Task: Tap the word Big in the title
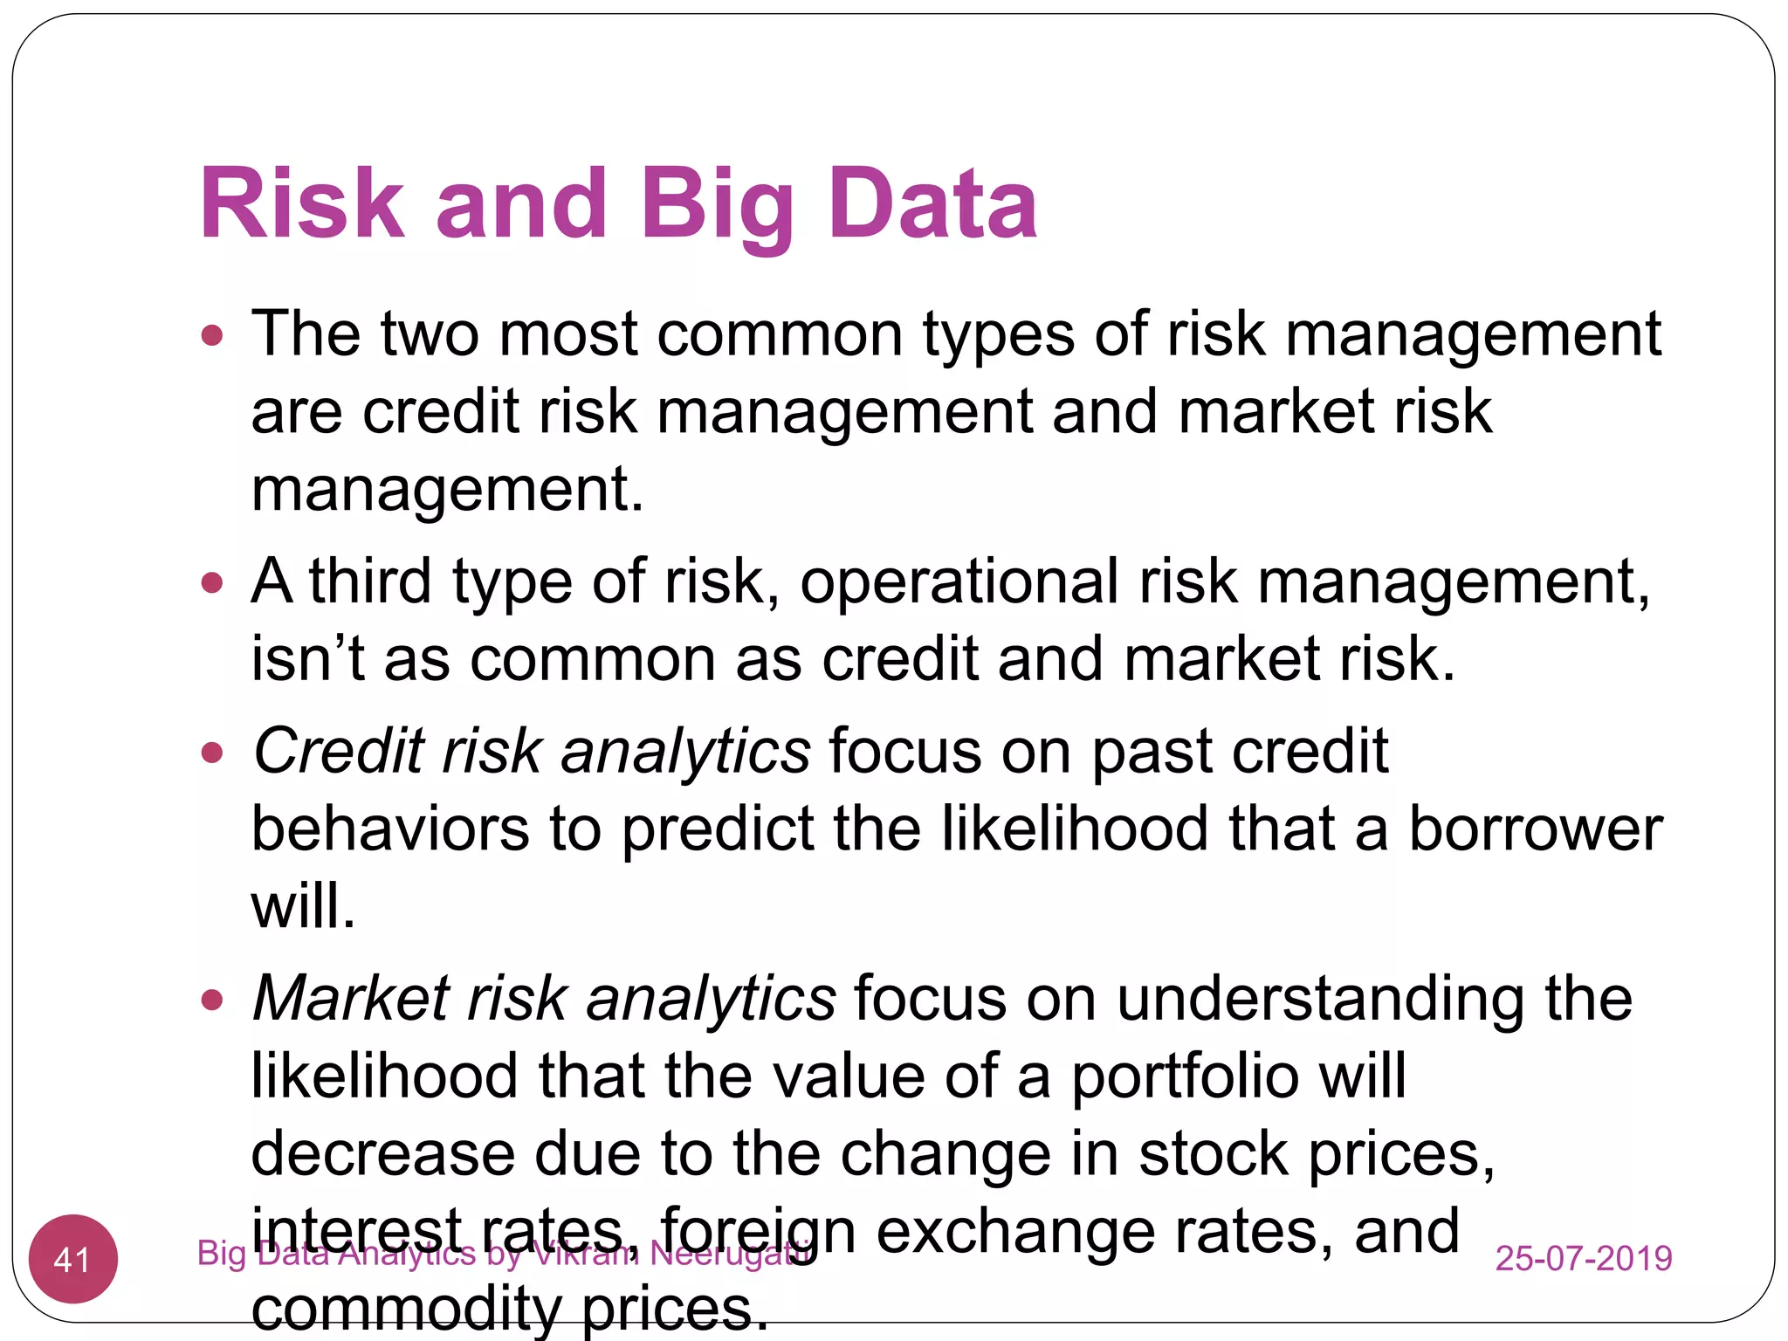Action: click(716, 205)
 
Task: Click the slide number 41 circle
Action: click(73, 1259)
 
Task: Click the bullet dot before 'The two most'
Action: click(212, 335)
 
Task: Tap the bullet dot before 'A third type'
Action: click(212, 582)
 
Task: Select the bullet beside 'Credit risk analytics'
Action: click(212, 752)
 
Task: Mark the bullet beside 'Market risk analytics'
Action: click(212, 999)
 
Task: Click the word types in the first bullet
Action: click(998, 335)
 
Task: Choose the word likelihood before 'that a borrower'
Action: click(1075, 829)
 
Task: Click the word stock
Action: click(1214, 1153)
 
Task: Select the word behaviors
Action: click(389, 829)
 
